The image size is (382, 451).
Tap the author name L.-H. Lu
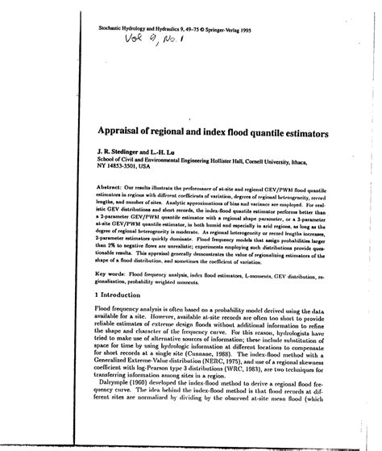point(172,148)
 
